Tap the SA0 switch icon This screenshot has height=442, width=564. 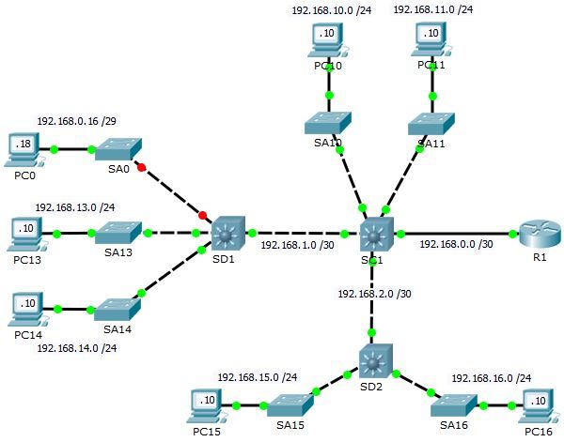click(x=117, y=148)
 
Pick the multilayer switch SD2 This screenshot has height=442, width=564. click(x=373, y=359)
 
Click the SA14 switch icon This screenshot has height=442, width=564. click(x=117, y=308)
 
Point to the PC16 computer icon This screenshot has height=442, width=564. click(x=536, y=404)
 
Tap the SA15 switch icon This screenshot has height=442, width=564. click(x=287, y=404)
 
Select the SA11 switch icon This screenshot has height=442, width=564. click(x=431, y=123)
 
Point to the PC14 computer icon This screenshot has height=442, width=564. click(x=23, y=306)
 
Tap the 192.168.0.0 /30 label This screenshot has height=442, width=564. click(x=457, y=246)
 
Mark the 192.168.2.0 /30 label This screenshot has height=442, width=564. click(x=375, y=294)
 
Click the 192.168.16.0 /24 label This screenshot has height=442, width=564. click(x=491, y=378)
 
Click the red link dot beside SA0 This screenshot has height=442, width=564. click(x=142, y=169)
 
